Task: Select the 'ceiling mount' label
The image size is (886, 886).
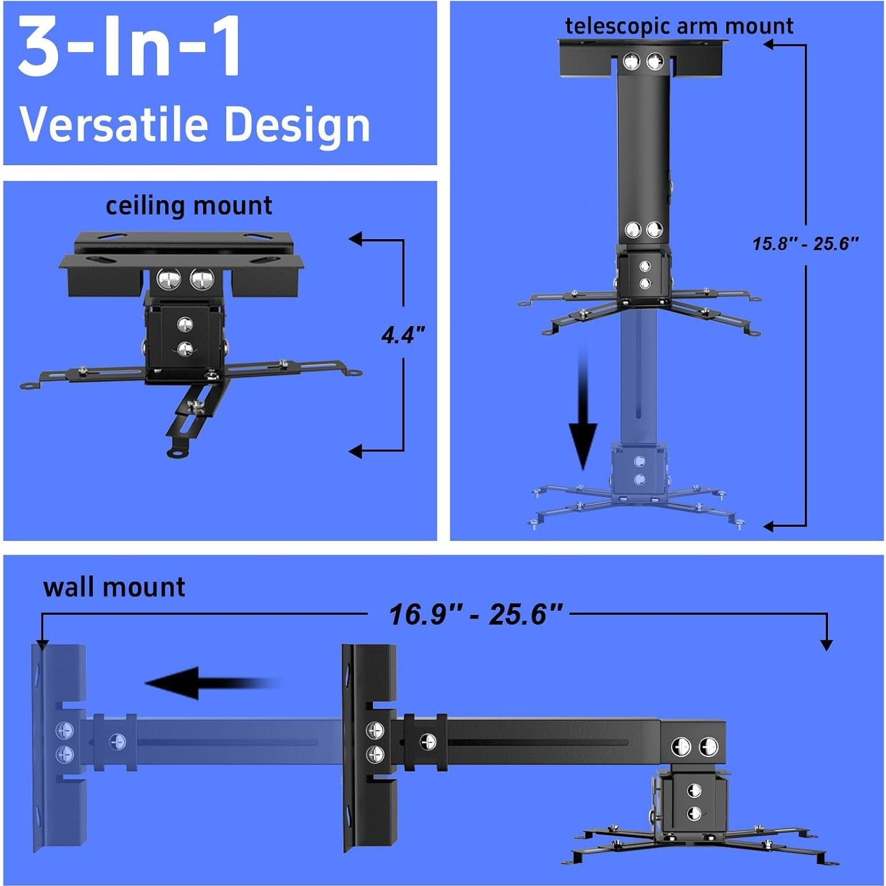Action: coord(189,205)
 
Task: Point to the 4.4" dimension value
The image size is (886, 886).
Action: coord(403,336)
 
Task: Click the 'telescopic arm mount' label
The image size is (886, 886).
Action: coord(679,26)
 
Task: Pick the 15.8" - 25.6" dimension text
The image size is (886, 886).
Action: coord(806,243)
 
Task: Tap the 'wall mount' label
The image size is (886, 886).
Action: coord(114,587)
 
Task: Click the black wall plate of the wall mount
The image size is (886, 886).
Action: coord(369,748)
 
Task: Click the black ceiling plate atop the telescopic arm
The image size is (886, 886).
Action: coord(643,57)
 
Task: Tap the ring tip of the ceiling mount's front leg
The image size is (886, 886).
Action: coord(177,452)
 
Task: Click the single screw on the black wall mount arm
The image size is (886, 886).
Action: coord(427,741)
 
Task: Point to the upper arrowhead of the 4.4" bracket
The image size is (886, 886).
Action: coord(355,239)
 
